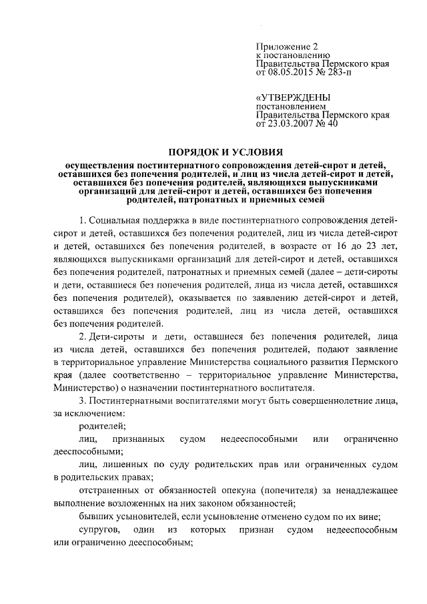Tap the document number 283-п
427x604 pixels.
tap(344, 72)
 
